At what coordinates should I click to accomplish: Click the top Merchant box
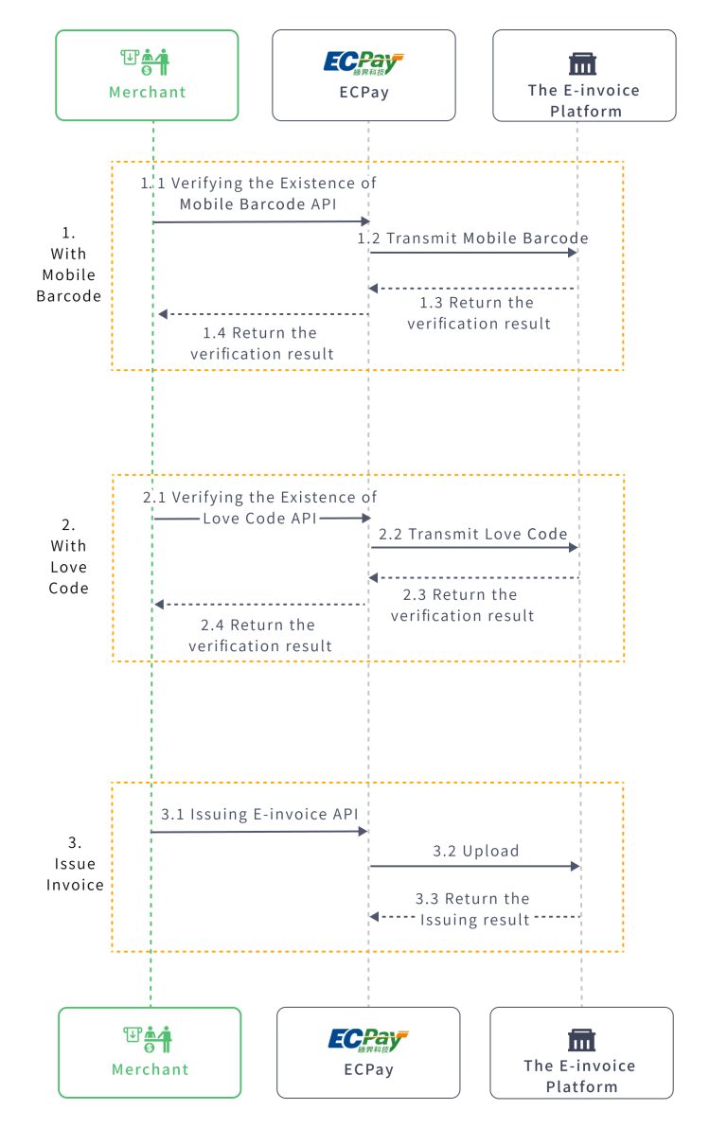(x=147, y=76)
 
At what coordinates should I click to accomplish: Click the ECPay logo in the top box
(x=363, y=63)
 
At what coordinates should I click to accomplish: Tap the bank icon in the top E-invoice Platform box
(x=582, y=63)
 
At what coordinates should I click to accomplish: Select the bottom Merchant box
(x=150, y=1052)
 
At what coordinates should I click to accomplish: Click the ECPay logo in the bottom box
(x=368, y=1040)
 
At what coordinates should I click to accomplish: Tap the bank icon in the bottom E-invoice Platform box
(x=581, y=1040)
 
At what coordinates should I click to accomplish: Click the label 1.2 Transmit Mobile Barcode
(x=472, y=238)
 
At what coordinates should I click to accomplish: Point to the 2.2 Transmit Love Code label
(x=473, y=534)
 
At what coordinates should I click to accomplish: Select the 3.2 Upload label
(x=476, y=851)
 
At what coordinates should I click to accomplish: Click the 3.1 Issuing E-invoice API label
(x=258, y=814)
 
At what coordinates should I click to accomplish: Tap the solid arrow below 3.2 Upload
(x=474, y=866)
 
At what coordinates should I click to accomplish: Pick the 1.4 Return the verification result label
(x=261, y=344)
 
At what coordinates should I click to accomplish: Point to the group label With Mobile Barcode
(x=68, y=264)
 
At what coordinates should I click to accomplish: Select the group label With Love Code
(x=68, y=556)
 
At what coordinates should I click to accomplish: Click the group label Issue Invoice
(x=75, y=864)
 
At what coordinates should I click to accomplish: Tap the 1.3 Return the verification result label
(x=478, y=313)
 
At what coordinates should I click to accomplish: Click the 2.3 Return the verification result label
(x=461, y=605)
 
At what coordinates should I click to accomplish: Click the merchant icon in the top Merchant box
(x=147, y=62)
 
